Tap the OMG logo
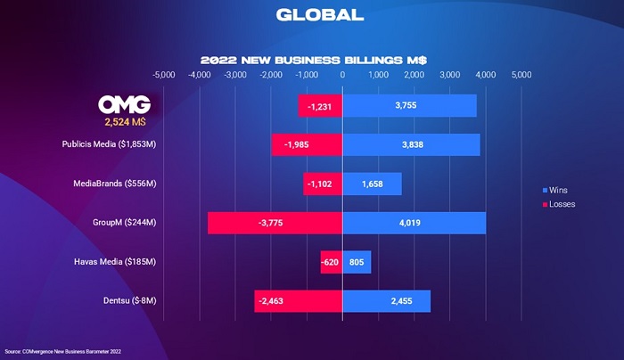[x=125, y=102]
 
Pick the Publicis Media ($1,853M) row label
[x=109, y=144]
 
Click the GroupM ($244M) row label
[x=123, y=223]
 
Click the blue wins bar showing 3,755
[x=409, y=106]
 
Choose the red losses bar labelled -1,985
[x=307, y=144]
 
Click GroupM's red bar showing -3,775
[x=275, y=223]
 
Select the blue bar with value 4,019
[x=414, y=223]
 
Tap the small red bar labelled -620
[x=331, y=262]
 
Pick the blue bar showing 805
[x=357, y=262]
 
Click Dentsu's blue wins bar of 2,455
[x=386, y=301]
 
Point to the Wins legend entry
[x=558, y=191]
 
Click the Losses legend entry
[x=561, y=204]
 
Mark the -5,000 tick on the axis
[x=164, y=75]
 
